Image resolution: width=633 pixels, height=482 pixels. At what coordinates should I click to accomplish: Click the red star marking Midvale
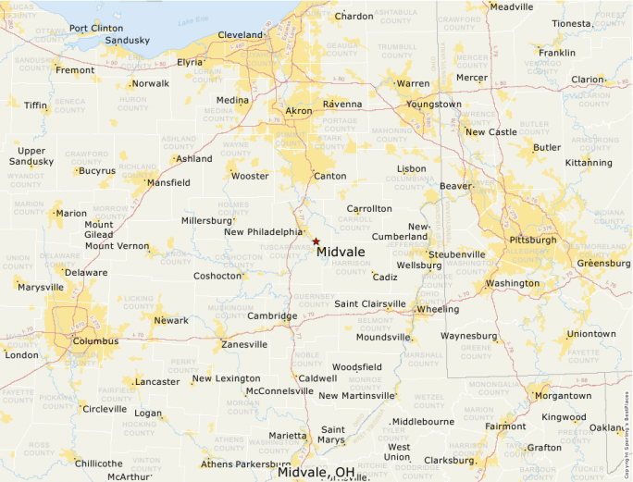(316, 241)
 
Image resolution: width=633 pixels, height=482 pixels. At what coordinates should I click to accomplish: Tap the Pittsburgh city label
(532, 240)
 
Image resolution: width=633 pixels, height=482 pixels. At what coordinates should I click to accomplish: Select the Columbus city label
(96, 341)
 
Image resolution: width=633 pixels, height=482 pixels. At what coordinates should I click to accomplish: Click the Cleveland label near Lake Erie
(241, 35)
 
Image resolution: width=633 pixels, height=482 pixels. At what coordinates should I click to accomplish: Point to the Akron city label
(299, 111)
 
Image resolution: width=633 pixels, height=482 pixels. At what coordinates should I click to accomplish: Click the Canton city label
(330, 176)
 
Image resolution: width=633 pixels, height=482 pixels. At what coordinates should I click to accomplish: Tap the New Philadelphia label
(263, 232)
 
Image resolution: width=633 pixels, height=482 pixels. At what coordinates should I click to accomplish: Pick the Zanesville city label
(244, 345)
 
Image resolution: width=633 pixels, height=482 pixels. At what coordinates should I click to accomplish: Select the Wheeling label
(438, 309)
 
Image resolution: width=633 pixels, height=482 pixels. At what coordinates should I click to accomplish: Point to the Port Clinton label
(95, 28)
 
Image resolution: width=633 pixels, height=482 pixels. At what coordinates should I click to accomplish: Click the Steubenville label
(456, 254)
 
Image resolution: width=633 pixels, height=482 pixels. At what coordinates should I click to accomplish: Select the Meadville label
(512, 6)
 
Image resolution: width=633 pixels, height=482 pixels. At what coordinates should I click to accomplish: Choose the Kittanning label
(589, 163)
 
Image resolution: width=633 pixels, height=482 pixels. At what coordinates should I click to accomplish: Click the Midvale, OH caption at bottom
(317, 473)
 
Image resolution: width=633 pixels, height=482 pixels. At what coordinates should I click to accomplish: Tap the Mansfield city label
(168, 183)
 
